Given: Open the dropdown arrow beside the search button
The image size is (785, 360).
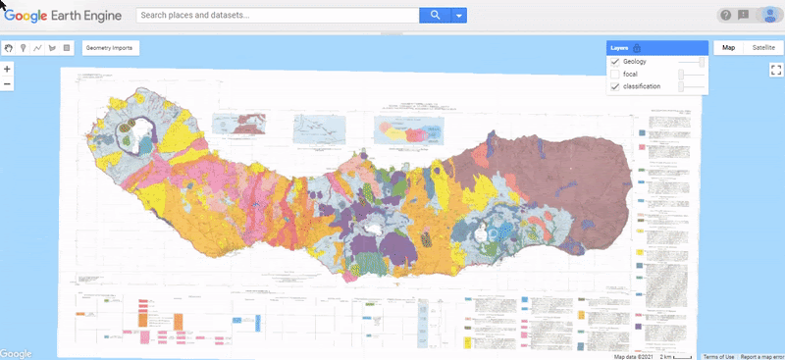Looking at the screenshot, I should pyautogui.click(x=458, y=16).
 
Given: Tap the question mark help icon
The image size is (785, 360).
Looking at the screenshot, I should pyautogui.click(x=725, y=15).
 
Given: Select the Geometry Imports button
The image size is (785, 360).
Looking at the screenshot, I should pyautogui.click(x=109, y=47).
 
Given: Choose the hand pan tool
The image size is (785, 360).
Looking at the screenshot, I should pyautogui.click(x=9, y=47).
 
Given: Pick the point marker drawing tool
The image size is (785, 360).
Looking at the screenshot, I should pyautogui.click(x=23, y=47).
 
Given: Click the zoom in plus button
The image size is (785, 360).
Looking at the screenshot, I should pyautogui.click(x=8, y=69).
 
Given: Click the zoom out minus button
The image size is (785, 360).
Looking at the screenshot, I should pyautogui.click(x=8, y=83).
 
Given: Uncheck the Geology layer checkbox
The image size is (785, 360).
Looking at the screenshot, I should pyautogui.click(x=615, y=62).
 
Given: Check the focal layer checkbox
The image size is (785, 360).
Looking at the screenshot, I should pyautogui.click(x=615, y=75).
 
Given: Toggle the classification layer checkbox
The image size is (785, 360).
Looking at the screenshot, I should pyautogui.click(x=615, y=87).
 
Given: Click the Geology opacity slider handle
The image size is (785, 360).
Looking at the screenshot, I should pyautogui.click(x=702, y=62).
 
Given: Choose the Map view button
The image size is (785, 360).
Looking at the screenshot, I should pyautogui.click(x=727, y=47).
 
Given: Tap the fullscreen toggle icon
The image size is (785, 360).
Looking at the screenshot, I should pyautogui.click(x=774, y=70).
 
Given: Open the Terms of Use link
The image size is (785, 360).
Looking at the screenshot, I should pyautogui.click(x=717, y=356).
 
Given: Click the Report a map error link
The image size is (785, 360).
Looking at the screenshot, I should pyautogui.click(x=761, y=356).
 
